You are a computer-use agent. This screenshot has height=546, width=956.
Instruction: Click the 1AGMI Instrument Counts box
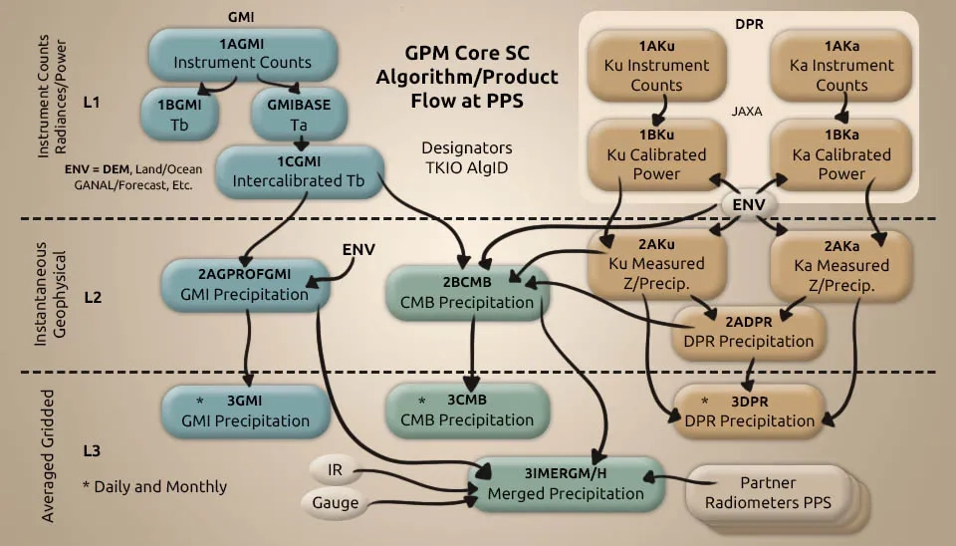coord(243,54)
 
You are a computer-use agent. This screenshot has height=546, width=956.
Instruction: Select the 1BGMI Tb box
coord(179,115)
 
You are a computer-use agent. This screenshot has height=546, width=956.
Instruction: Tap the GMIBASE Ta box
coord(299,115)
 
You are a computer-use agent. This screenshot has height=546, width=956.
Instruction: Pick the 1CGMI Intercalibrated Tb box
coord(299,171)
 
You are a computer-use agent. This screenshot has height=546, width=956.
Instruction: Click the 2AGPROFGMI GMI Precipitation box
coord(245,285)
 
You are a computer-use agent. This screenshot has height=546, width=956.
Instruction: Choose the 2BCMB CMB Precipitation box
coord(467,292)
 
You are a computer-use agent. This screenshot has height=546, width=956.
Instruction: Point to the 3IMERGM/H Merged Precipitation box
coord(566,484)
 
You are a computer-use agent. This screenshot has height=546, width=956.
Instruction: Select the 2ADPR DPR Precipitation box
coord(749,331)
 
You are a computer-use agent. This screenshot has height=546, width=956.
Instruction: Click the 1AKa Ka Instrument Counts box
coord(841,66)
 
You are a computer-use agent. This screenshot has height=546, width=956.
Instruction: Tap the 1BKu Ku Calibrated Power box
coord(656,154)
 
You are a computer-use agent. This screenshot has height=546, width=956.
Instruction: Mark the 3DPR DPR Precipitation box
coord(749,411)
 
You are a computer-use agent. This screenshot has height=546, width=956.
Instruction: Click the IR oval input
coord(335,470)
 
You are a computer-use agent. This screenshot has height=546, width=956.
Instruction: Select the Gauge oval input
coord(335,503)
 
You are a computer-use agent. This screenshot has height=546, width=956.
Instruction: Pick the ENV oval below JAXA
coord(749,204)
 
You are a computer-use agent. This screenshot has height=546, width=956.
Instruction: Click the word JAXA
coord(747,111)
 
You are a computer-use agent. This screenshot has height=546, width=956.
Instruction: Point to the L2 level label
coord(93,297)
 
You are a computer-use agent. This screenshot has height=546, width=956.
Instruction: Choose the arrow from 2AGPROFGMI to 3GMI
coord(248,348)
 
